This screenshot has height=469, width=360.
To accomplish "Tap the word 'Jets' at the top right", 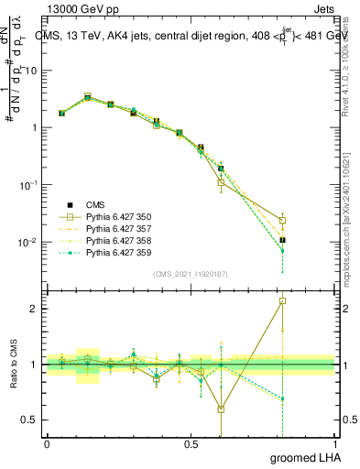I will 322,8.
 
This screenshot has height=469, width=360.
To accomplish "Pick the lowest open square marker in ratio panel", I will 221,409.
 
